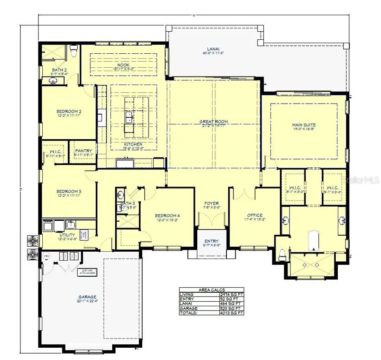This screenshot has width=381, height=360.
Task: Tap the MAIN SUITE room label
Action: tap(304, 125)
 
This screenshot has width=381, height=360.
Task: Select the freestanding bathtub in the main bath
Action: tap(314, 239)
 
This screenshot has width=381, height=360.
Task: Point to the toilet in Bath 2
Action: tap(73, 51)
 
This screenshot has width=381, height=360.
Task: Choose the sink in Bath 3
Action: tap(120, 195)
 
